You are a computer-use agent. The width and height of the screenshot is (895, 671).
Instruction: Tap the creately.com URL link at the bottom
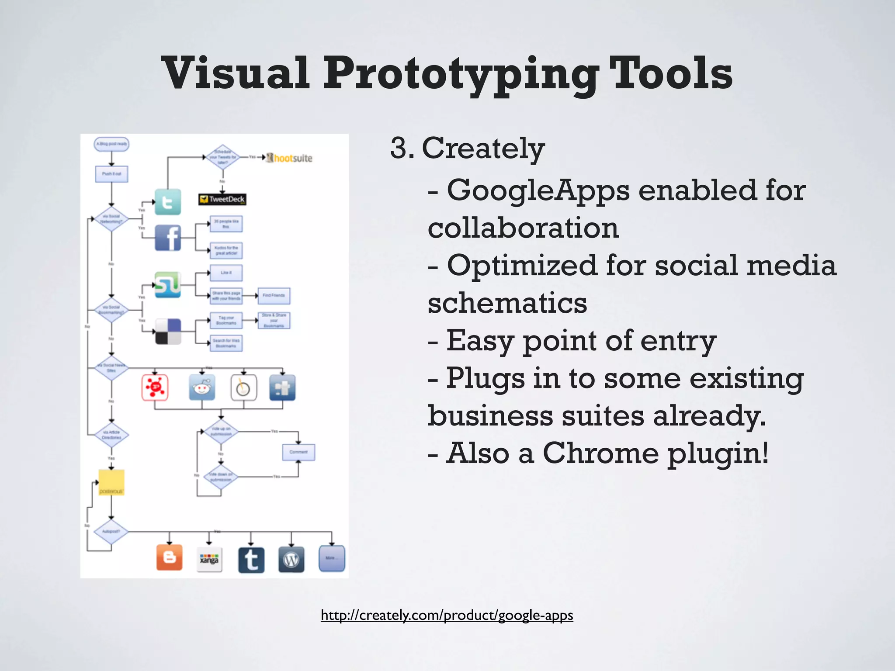pyautogui.click(x=447, y=615)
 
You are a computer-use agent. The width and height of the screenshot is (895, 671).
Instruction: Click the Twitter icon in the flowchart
pyautogui.click(x=168, y=202)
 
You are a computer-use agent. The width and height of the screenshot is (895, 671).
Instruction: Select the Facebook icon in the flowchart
pyautogui.click(x=168, y=238)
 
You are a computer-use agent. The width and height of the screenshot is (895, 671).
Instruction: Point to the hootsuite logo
pyautogui.click(x=289, y=158)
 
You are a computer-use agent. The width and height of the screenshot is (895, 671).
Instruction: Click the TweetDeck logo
pyautogui.click(x=222, y=199)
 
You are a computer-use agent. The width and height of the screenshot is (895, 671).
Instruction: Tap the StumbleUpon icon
pyautogui.click(x=168, y=284)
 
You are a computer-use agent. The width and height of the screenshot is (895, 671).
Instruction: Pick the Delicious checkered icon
pyautogui.click(x=168, y=332)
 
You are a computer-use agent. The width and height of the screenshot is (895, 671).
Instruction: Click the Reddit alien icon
pyautogui.click(x=202, y=387)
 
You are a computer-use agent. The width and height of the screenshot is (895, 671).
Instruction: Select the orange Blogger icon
pyautogui.click(x=170, y=558)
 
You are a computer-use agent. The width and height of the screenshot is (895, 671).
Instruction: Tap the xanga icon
pyautogui.click(x=209, y=560)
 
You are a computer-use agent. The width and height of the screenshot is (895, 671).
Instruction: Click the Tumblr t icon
pyautogui.click(x=251, y=560)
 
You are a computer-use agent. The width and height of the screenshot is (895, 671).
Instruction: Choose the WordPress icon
pyautogui.click(x=291, y=560)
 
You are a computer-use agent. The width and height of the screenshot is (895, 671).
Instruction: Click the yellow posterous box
pyautogui.click(x=111, y=482)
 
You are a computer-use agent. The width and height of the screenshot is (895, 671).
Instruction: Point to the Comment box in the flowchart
pyautogui.click(x=298, y=452)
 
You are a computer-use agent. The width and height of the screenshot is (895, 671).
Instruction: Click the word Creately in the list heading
pyautogui.click(x=483, y=149)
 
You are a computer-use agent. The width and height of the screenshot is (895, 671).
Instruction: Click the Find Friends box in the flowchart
pyautogui.click(x=274, y=296)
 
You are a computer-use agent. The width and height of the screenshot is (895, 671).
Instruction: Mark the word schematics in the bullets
pyautogui.click(x=507, y=303)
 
